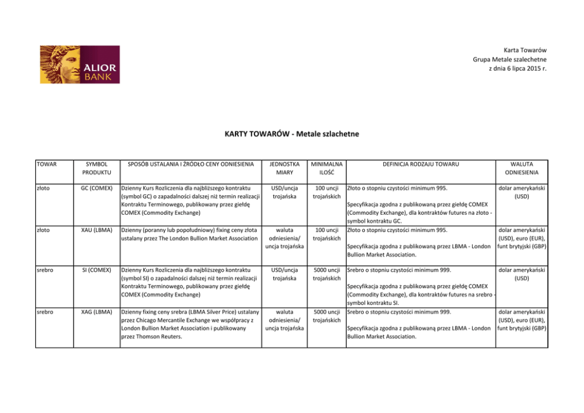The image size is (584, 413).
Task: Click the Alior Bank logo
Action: click(x=79, y=64)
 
